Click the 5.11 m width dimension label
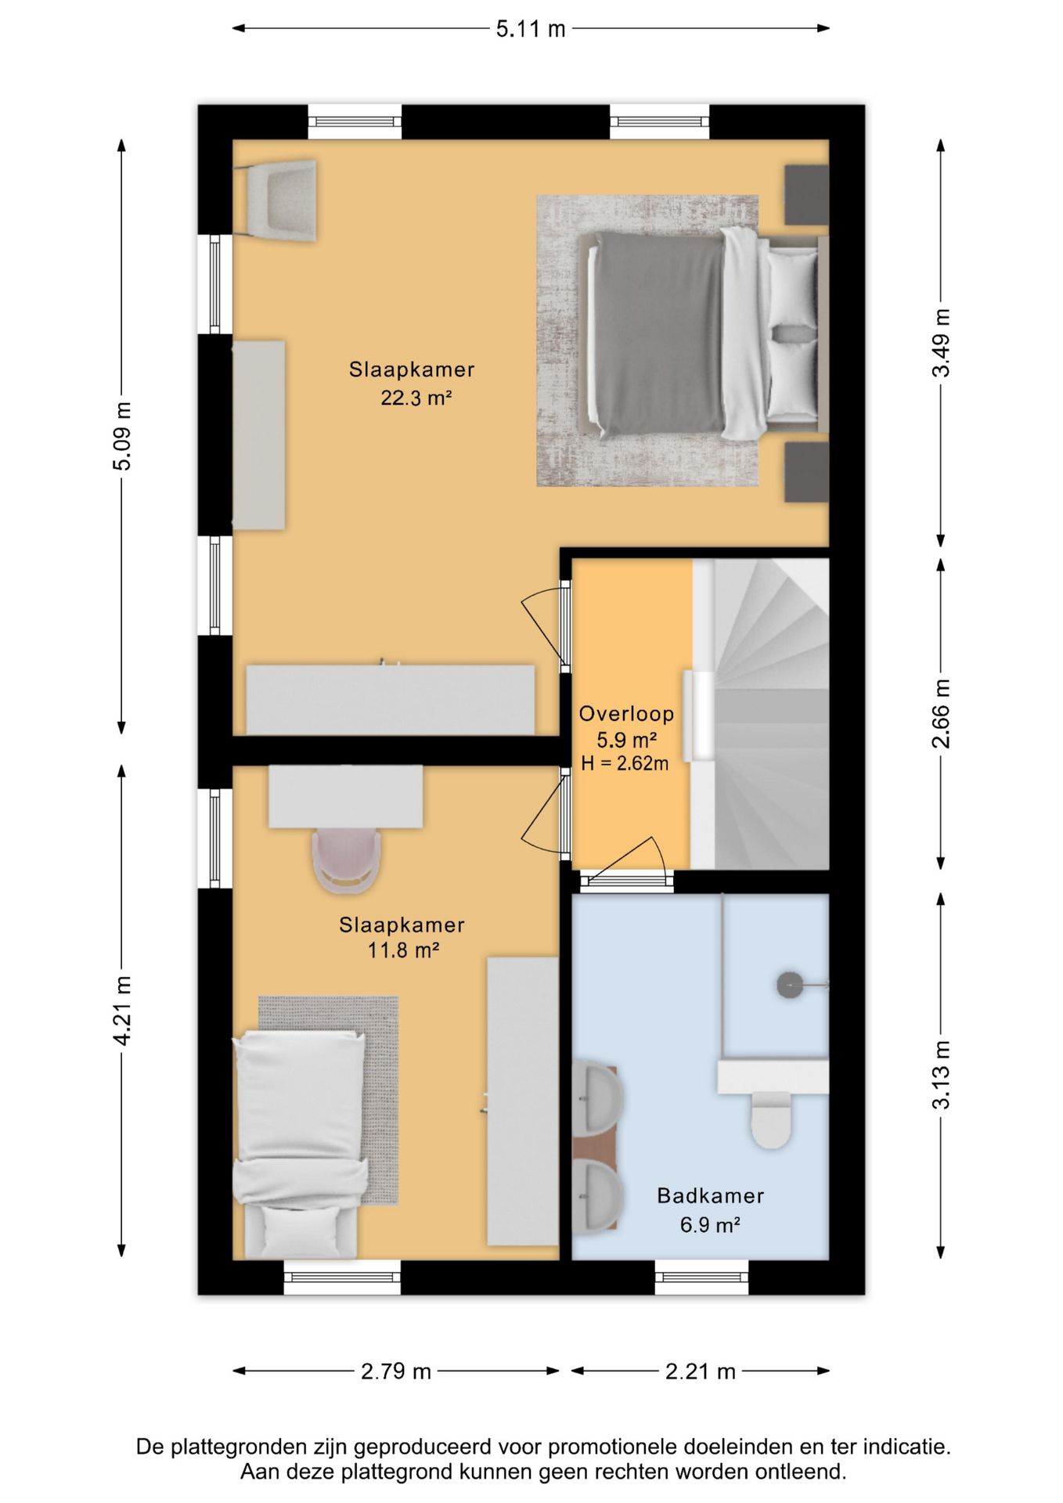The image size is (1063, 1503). point(531,29)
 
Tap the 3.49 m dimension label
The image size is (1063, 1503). point(941,343)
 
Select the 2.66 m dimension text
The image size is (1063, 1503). point(941,714)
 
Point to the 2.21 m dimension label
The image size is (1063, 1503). point(701,1371)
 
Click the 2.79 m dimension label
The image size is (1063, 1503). point(396,1371)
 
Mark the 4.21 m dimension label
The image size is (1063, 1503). point(122,1011)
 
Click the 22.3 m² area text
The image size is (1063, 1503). point(416,398)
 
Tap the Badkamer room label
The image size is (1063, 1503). point(711,1195)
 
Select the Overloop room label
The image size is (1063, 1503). point(626,713)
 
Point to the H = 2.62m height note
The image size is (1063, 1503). point(625,763)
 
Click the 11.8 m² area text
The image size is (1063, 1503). point(403,950)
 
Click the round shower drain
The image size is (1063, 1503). point(789,984)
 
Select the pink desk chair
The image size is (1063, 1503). point(347,860)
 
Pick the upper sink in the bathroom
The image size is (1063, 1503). point(597,1099)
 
